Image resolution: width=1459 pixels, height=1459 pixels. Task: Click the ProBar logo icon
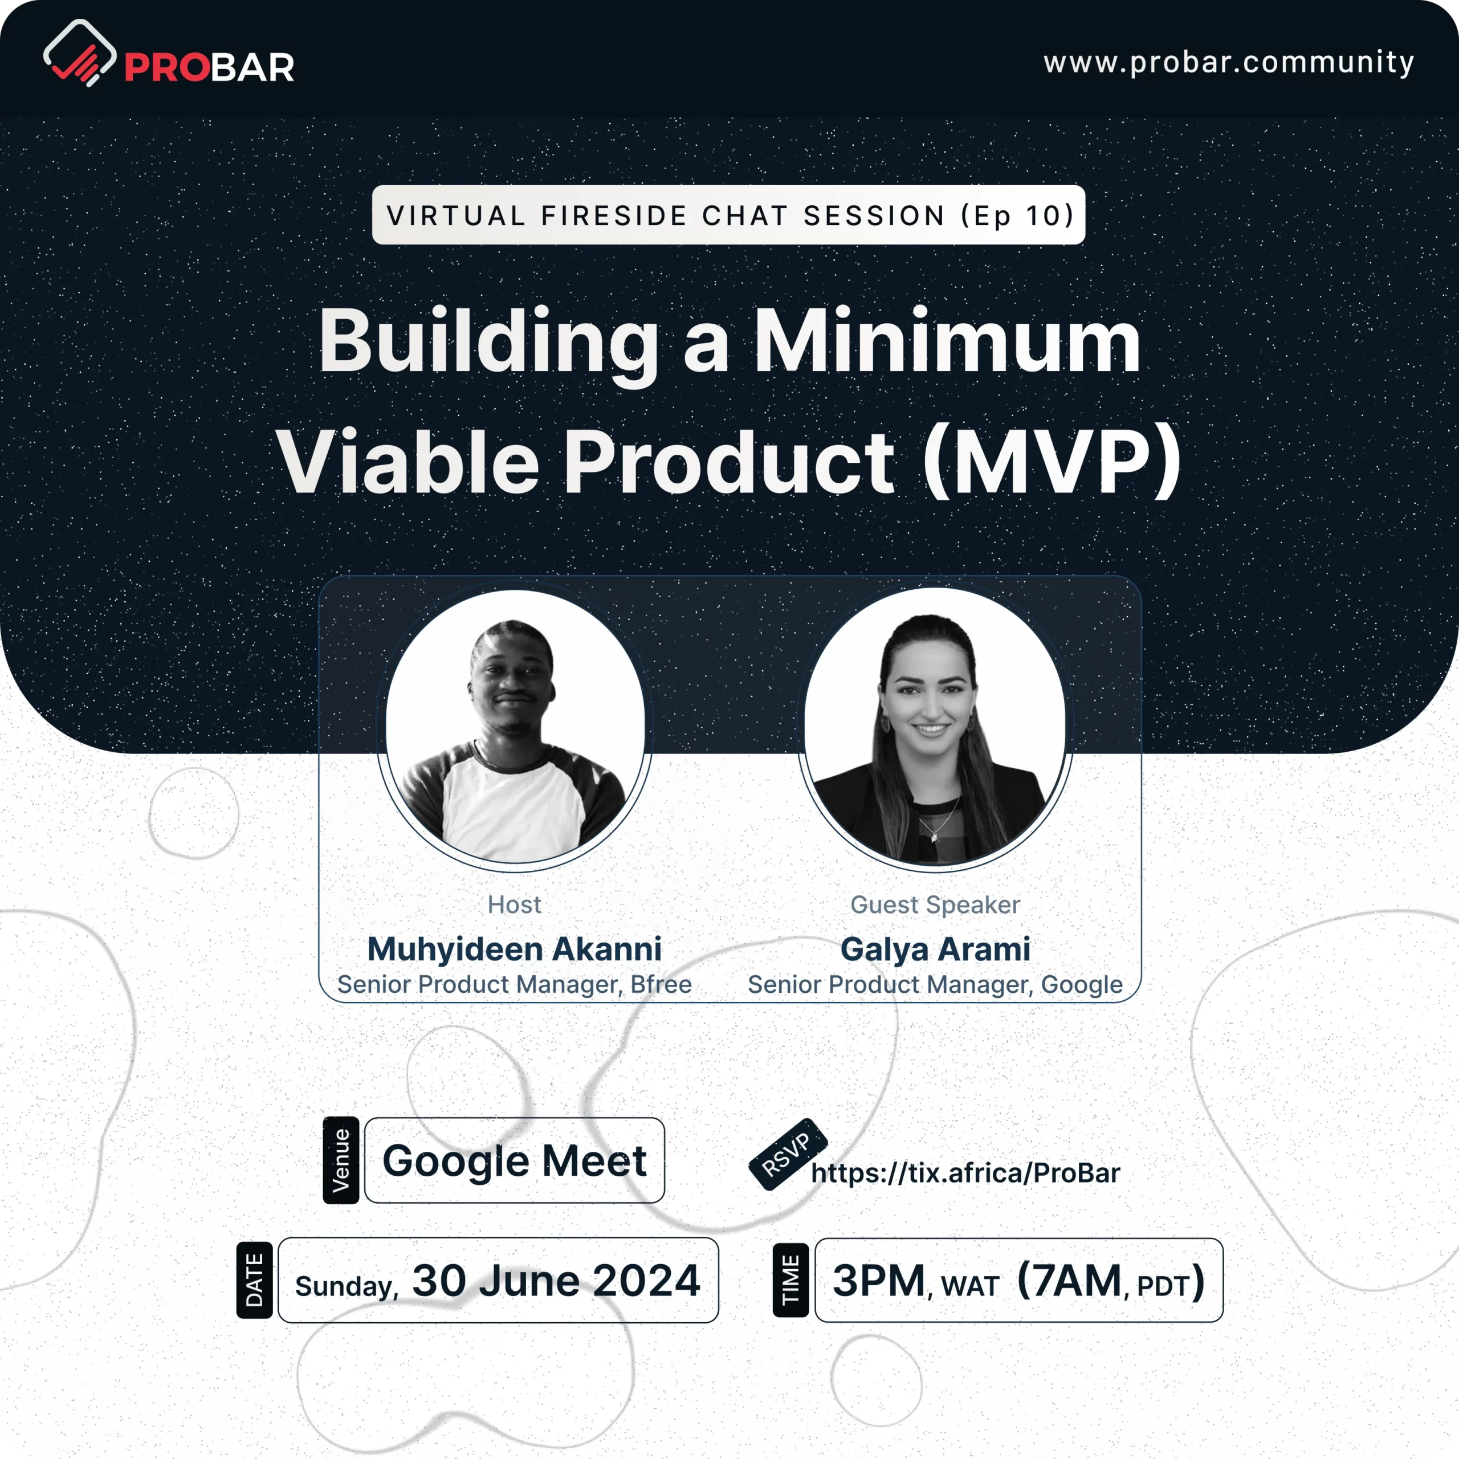click(79, 53)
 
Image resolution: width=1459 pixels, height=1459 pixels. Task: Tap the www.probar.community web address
click(1229, 62)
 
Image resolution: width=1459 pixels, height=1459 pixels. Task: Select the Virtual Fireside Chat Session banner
click(729, 215)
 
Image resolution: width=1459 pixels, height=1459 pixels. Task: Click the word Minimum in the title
click(948, 341)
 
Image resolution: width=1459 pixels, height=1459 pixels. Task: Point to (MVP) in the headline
click(1053, 462)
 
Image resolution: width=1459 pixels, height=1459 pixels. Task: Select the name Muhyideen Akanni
click(514, 949)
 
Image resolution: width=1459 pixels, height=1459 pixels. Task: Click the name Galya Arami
click(935, 950)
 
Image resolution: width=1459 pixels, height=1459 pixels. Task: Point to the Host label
click(514, 904)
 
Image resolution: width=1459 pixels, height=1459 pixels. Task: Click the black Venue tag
click(341, 1160)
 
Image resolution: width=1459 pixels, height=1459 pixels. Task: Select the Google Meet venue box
click(514, 1160)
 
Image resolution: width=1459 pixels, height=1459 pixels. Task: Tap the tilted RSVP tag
click(787, 1155)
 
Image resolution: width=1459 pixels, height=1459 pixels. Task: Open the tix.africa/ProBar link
click(965, 1173)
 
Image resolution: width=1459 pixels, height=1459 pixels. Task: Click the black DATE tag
click(255, 1280)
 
